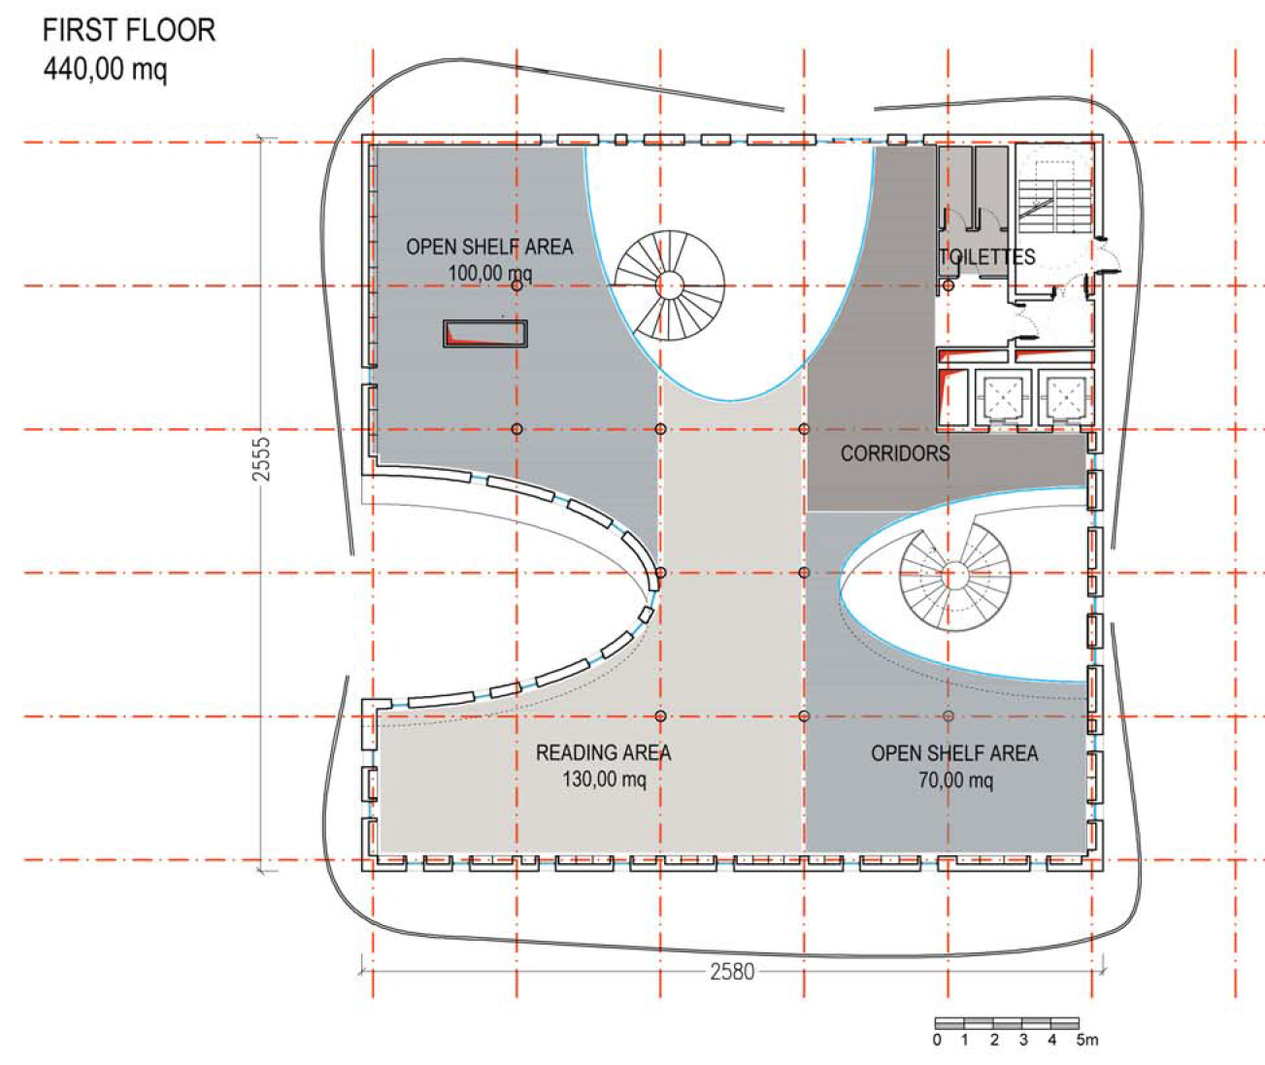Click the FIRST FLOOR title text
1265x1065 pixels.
tap(129, 30)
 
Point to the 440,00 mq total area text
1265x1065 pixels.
tap(105, 69)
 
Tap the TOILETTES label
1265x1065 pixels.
tap(987, 256)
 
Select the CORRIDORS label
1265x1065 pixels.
tap(895, 453)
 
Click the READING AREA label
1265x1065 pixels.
tap(604, 752)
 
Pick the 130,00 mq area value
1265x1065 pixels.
tap(604, 779)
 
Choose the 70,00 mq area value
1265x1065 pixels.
tap(955, 780)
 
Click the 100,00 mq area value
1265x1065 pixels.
tap(490, 273)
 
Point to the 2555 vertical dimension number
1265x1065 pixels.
tap(261, 459)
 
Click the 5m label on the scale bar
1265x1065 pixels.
tap(1087, 1040)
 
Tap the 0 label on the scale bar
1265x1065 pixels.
tap(937, 1040)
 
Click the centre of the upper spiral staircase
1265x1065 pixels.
tap(670, 285)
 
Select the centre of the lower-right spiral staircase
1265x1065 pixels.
tap(955, 575)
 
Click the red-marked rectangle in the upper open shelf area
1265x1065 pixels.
tap(485, 334)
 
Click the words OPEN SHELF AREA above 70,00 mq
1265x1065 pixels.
tap(954, 753)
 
